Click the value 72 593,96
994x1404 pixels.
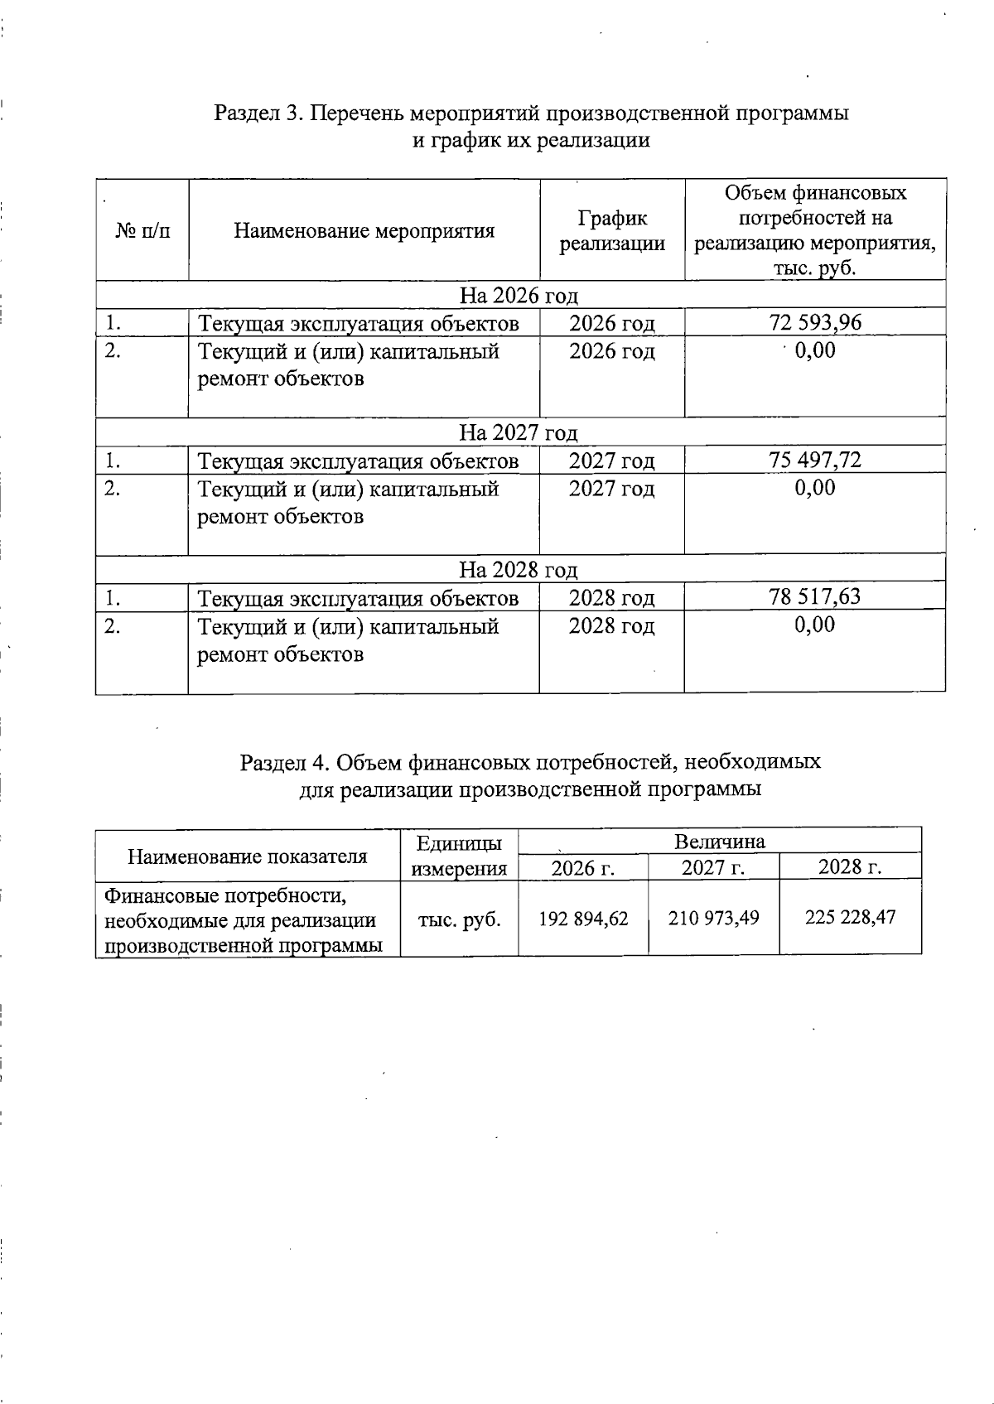[815, 322]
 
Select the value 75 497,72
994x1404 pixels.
[815, 460]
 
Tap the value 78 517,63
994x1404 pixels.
[815, 596]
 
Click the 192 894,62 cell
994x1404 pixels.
[583, 918]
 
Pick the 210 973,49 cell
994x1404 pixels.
[713, 918]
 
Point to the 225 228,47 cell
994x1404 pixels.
[850, 917]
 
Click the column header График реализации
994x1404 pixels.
[612, 230]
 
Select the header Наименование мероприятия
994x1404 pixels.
[364, 230]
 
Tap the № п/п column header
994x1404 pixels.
[142, 230]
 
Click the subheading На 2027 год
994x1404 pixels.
[519, 432]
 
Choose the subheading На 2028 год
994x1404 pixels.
[519, 569]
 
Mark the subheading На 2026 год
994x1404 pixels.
[519, 296]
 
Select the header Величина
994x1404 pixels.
[719, 842]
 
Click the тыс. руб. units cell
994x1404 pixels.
[460, 919]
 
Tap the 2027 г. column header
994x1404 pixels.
[713, 867]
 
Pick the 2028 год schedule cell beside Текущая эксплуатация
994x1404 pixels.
[611, 597]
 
